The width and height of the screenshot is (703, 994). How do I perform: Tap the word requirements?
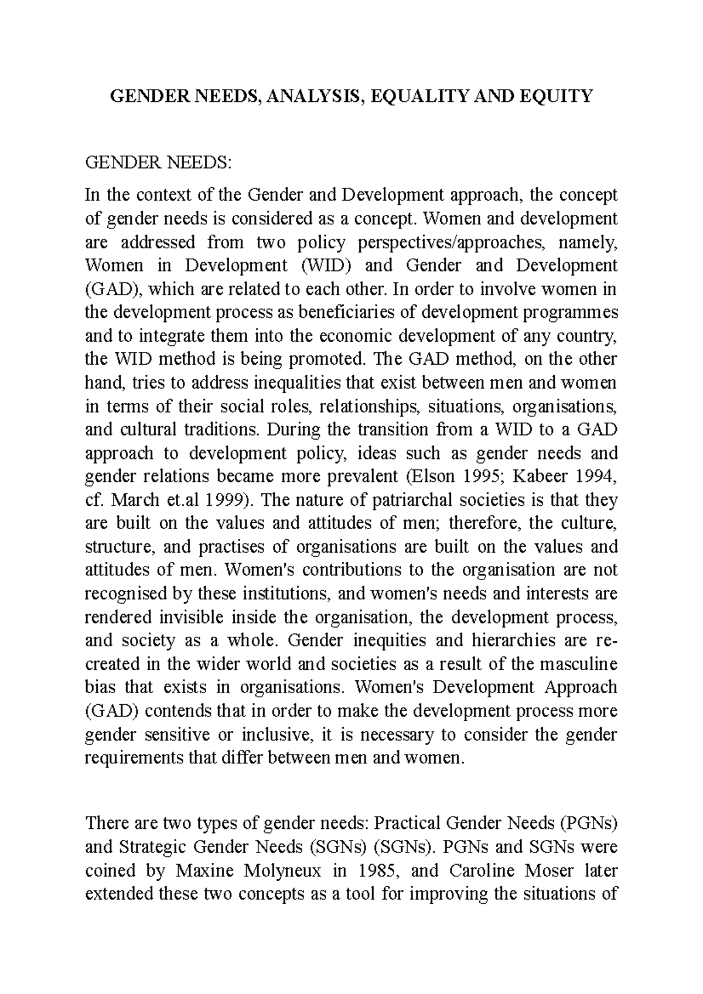click(134, 758)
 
